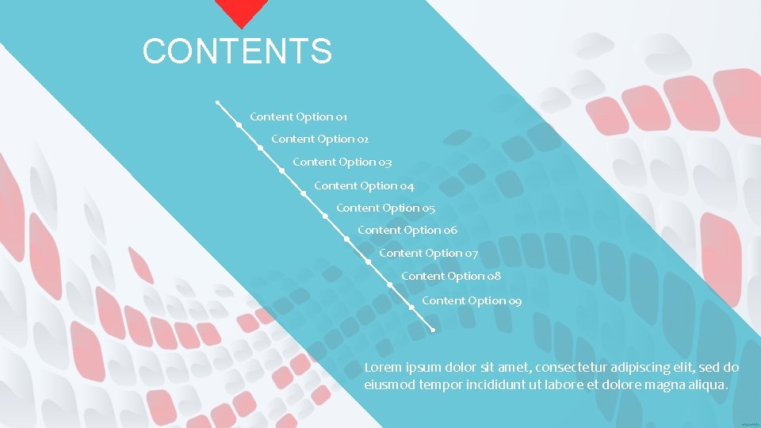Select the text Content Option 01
click(298, 117)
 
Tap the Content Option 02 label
click(319, 139)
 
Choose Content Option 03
click(342, 162)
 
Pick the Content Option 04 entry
click(364, 185)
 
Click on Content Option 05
click(385, 208)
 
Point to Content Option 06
click(407, 230)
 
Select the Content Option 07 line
click(428, 253)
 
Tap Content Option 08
click(450, 276)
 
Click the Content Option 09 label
click(472, 300)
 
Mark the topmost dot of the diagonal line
click(217, 102)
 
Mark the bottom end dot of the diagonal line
click(433, 330)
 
